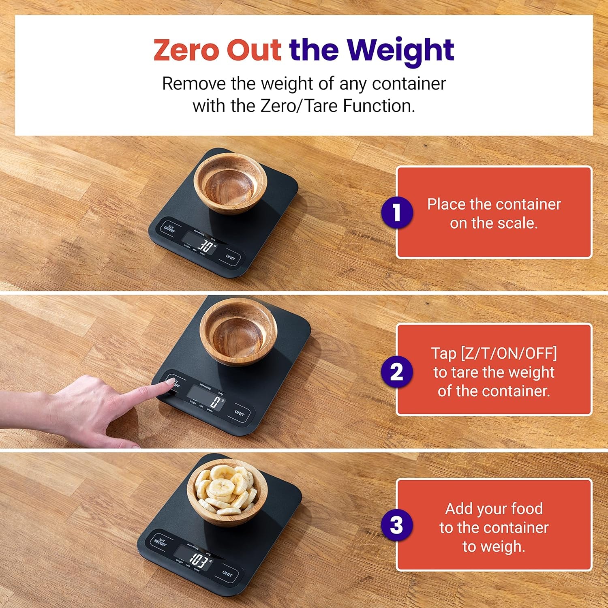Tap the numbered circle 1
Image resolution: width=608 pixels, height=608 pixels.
point(397,212)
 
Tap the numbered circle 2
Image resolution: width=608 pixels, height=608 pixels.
point(397,372)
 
